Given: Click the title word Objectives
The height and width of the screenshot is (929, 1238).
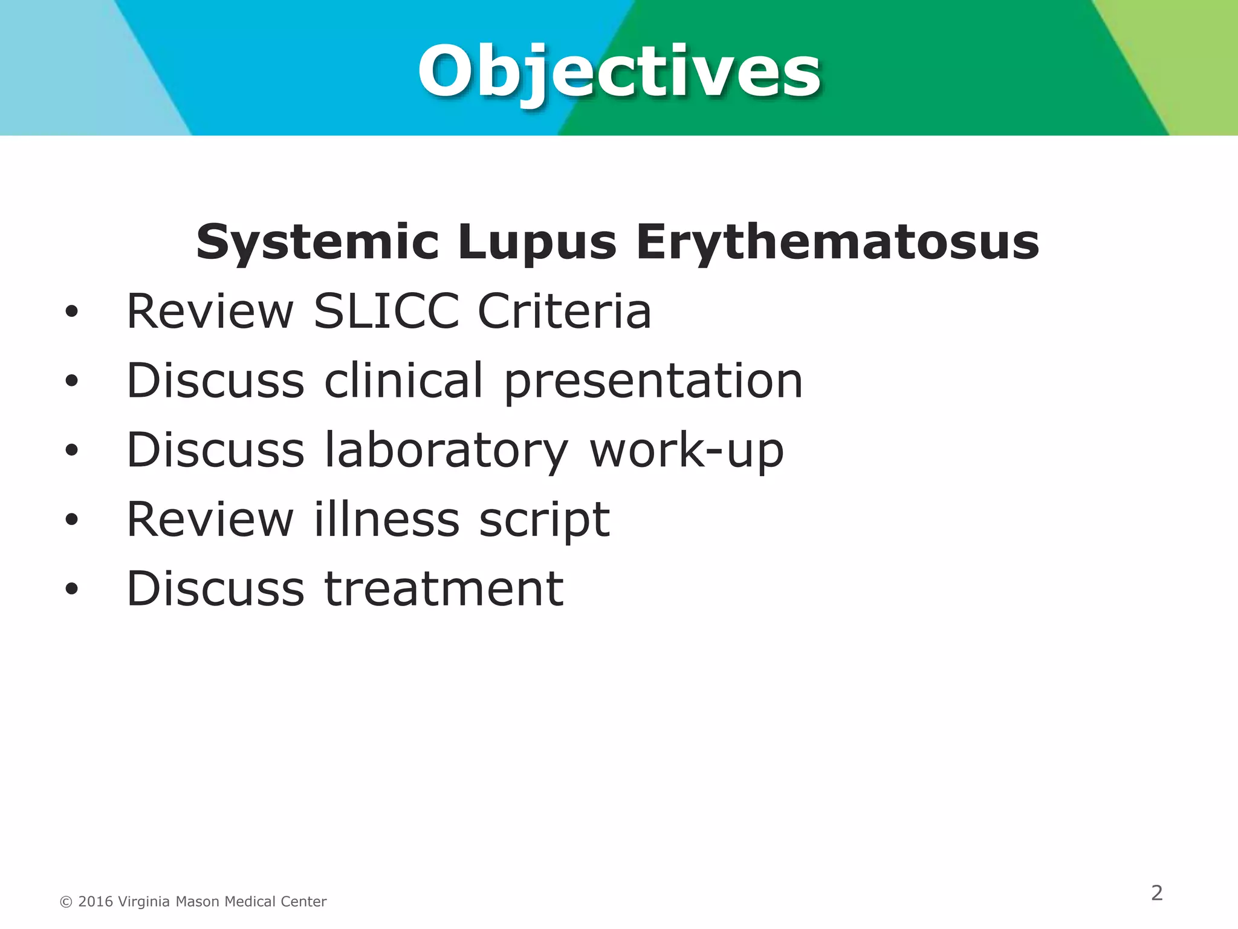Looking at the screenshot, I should click(619, 73).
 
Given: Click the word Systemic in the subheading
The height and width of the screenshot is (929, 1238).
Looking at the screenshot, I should click(317, 242).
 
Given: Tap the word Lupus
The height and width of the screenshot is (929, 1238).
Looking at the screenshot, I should click(537, 242).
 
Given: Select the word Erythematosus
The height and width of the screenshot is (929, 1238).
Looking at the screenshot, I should click(837, 242).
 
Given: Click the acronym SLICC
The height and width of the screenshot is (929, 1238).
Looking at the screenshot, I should click(386, 311).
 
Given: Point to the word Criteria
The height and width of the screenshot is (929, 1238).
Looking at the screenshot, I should click(564, 311).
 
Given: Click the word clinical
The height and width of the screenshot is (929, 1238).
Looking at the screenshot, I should click(404, 380).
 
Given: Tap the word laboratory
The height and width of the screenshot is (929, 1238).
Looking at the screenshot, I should click(446, 451).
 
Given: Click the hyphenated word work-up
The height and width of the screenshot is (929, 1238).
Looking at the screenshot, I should click(686, 451).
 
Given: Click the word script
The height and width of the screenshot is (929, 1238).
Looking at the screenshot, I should click(544, 520).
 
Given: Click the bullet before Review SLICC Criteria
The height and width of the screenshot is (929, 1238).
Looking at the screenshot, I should click(72, 312).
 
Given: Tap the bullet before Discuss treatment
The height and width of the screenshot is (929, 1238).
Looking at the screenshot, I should click(72, 589).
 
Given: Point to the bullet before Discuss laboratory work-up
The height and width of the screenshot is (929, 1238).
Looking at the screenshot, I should click(72, 451).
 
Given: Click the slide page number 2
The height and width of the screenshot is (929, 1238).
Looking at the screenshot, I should click(1156, 893).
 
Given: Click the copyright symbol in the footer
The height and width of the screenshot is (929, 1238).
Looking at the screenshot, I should click(66, 902).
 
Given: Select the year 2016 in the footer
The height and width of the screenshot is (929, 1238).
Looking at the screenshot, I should click(96, 902).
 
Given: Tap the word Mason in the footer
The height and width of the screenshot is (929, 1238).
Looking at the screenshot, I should click(198, 902).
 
